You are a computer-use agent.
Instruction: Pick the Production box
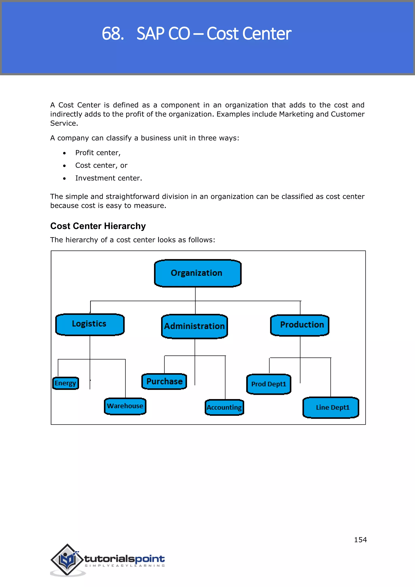click(x=300, y=325)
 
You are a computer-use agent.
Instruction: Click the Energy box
click(x=65, y=383)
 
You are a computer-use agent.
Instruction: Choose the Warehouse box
click(x=125, y=406)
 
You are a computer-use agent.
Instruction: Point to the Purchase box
click(x=164, y=381)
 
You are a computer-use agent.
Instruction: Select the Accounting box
click(x=224, y=407)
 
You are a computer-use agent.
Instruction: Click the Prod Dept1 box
click(x=268, y=384)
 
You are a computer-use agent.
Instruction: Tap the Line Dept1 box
click(x=331, y=407)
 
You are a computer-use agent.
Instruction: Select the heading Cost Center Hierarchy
click(x=98, y=226)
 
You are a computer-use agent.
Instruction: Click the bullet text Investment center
click(x=108, y=178)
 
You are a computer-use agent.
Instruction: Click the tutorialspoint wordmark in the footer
click(x=124, y=559)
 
